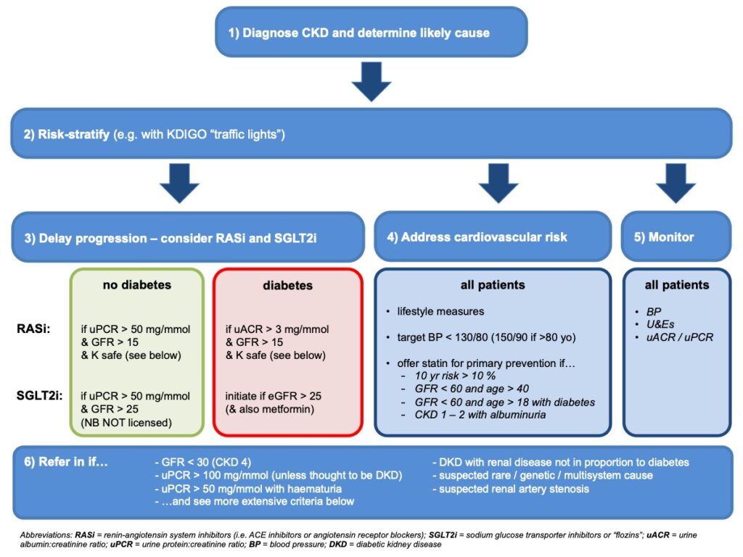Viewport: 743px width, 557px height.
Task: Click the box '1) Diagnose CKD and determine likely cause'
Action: (x=371, y=33)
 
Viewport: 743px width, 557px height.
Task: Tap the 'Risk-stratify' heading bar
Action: (x=371, y=133)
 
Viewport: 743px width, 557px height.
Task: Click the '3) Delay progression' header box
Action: (x=187, y=237)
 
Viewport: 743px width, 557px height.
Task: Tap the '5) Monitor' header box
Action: (x=676, y=237)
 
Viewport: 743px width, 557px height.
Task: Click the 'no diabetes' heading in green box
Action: (x=137, y=285)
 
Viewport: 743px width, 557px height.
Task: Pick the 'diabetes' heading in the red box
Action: (x=287, y=286)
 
